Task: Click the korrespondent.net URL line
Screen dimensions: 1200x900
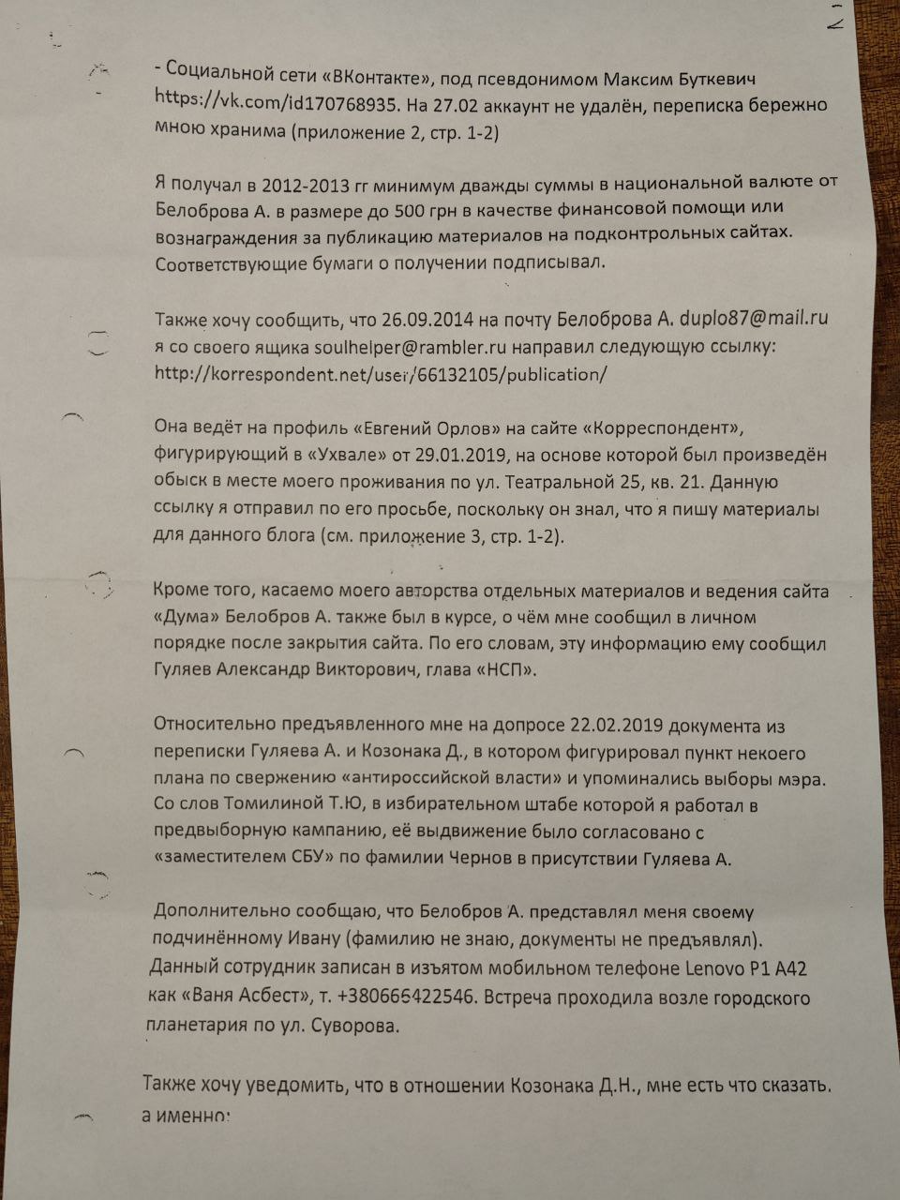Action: point(381,374)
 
